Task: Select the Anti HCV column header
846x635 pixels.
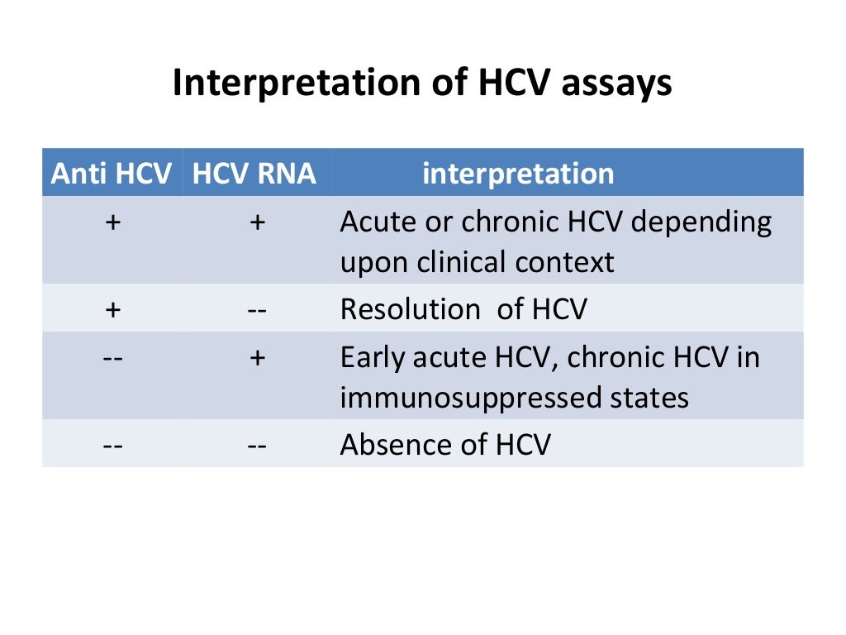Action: tap(112, 174)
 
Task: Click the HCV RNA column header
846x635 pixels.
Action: tap(254, 174)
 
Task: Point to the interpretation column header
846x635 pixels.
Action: tap(518, 174)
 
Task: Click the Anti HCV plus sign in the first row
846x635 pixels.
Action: tap(112, 222)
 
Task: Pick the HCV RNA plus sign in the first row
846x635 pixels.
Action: tap(257, 222)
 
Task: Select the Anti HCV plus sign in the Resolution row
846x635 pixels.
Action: tap(112, 309)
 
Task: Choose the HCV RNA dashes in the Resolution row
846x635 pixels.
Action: tap(256, 309)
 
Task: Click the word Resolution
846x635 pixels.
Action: tap(410, 309)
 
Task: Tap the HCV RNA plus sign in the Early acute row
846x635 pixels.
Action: tap(257, 358)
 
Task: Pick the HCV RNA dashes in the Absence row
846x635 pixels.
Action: tap(256, 445)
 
